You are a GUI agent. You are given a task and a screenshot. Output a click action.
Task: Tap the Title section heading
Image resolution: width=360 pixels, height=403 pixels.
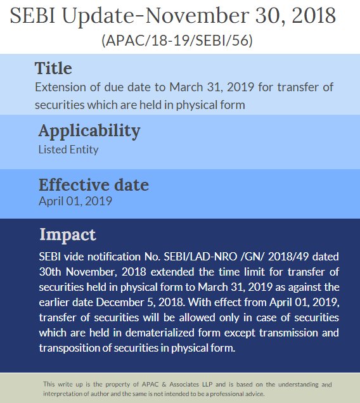(53, 68)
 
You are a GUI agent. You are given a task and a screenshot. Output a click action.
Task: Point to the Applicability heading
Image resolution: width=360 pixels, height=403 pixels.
(89, 131)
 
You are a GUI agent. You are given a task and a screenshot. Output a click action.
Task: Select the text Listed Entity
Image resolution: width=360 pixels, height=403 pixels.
(68, 150)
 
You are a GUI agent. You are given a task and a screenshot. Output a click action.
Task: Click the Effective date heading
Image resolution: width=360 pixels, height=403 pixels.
(94, 185)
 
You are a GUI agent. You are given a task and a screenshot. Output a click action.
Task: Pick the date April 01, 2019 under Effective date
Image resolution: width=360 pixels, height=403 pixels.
(75, 201)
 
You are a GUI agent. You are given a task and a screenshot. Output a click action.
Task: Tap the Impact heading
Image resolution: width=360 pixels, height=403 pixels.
(68, 234)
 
